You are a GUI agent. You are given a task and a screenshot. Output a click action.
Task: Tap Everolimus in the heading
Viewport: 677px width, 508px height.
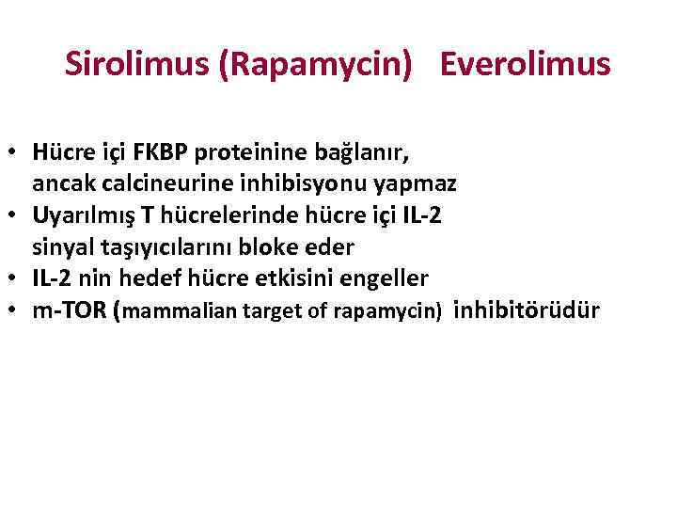(x=526, y=64)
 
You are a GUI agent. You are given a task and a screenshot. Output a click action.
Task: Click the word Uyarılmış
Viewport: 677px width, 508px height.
(x=79, y=214)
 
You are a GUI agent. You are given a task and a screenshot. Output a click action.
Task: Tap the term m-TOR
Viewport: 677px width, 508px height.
(x=69, y=310)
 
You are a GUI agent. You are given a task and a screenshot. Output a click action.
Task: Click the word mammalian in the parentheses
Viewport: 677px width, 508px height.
(x=172, y=312)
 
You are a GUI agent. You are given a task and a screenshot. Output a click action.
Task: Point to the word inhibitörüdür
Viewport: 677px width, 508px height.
(x=527, y=310)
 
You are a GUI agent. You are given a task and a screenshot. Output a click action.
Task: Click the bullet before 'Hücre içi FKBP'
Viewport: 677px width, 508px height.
(x=15, y=151)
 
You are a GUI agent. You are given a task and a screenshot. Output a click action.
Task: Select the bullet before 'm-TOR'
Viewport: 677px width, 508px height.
(x=15, y=310)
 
